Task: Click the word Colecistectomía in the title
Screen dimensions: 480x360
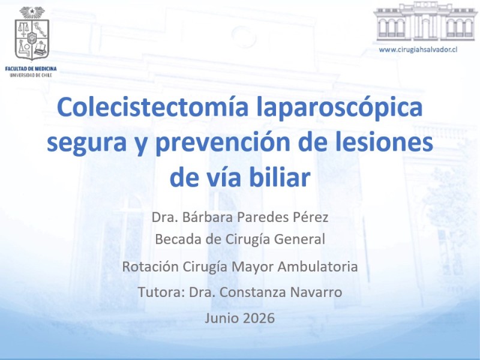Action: point(152,107)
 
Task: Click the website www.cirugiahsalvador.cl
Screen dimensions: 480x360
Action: point(418,49)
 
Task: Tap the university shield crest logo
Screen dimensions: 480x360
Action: point(32,33)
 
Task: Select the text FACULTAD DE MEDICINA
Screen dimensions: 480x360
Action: point(31,69)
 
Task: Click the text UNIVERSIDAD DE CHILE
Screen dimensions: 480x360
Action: point(31,75)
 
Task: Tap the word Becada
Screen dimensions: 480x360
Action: point(178,239)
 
